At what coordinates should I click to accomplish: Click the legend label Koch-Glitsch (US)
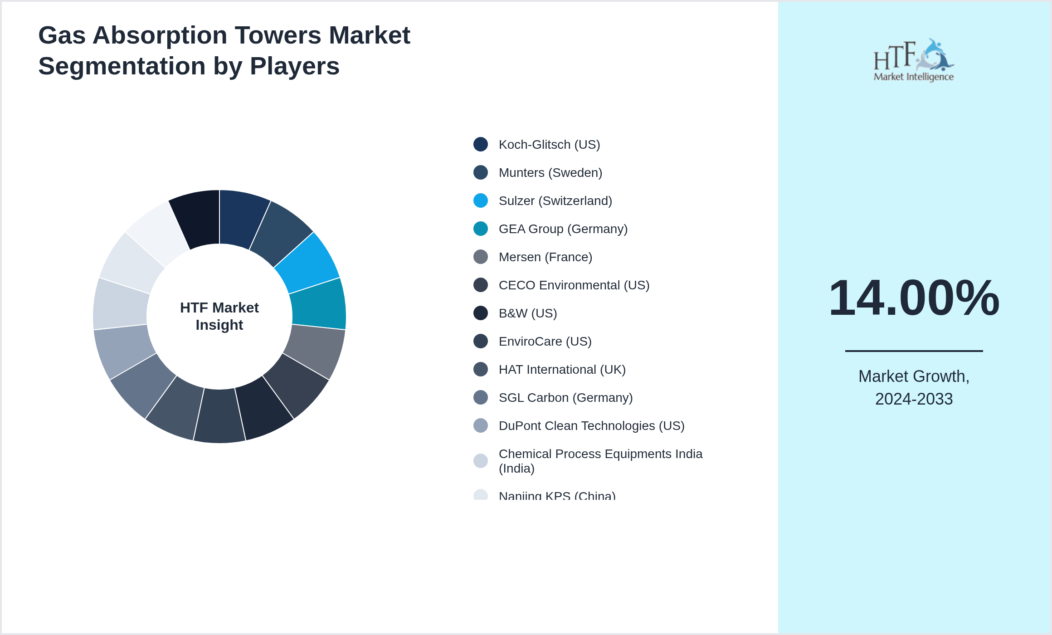point(549,145)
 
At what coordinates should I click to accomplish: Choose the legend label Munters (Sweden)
point(550,173)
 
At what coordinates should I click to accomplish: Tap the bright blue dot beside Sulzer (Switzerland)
point(481,201)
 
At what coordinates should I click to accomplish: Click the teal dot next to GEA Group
point(481,229)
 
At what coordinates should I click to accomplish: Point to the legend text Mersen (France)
point(545,257)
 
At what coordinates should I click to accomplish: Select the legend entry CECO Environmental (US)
point(574,285)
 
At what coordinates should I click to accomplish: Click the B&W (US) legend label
point(527,313)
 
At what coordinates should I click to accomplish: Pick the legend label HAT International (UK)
point(562,370)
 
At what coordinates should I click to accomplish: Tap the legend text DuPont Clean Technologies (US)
point(591,426)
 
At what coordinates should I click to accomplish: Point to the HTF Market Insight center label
point(219,316)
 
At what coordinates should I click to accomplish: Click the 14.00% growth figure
point(914,298)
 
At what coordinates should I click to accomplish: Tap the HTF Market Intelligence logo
point(914,60)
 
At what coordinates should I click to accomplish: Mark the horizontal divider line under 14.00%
point(914,351)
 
